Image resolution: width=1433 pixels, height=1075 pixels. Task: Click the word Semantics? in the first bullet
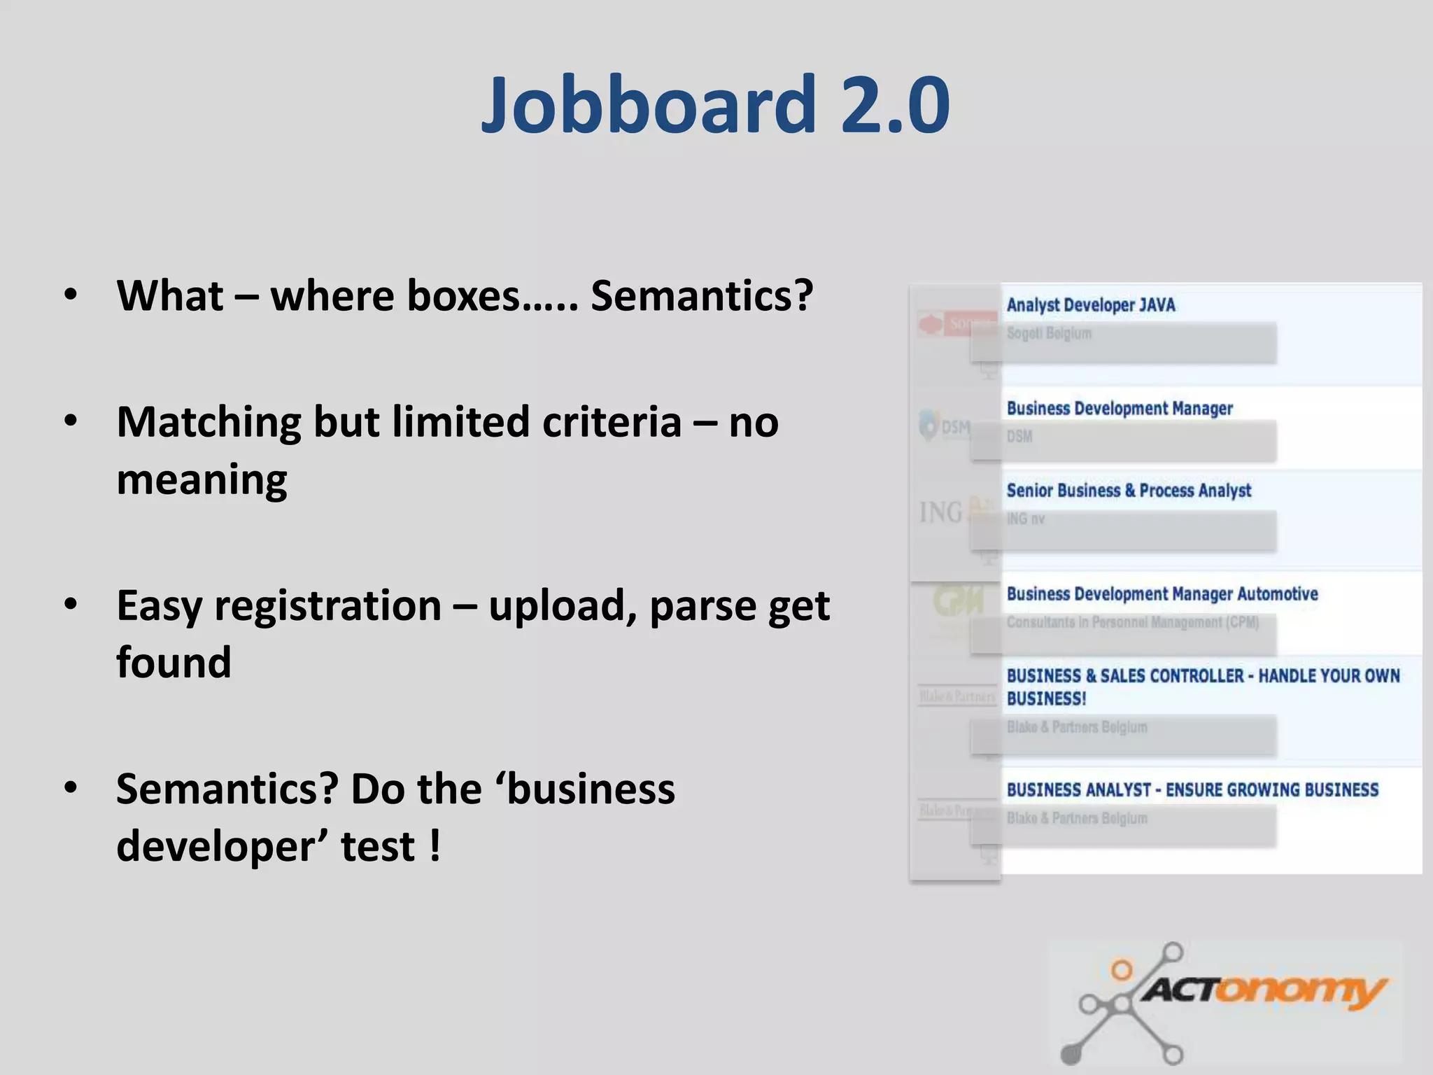coord(702,296)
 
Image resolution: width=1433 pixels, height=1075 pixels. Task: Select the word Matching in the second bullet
coord(209,423)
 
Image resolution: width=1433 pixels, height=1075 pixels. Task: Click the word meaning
coord(202,481)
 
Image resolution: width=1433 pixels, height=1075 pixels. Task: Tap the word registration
coord(327,606)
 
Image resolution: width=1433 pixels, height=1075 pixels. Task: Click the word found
coord(174,663)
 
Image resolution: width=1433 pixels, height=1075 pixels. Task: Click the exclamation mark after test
coord(435,845)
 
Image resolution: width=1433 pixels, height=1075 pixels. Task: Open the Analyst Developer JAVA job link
coord(1090,305)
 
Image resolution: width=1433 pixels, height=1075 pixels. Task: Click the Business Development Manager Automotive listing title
coord(1162,594)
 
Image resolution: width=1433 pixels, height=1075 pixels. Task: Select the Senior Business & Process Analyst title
coord(1128,491)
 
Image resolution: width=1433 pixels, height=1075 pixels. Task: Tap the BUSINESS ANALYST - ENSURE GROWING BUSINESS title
coord(1192,790)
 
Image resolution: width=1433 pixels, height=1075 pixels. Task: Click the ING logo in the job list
coord(941,513)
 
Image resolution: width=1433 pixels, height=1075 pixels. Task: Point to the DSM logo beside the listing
coord(945,426)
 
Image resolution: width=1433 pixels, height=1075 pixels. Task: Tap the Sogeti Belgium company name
coord(1048,333)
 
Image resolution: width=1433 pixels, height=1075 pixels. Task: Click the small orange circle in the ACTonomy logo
coord(1122,970)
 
